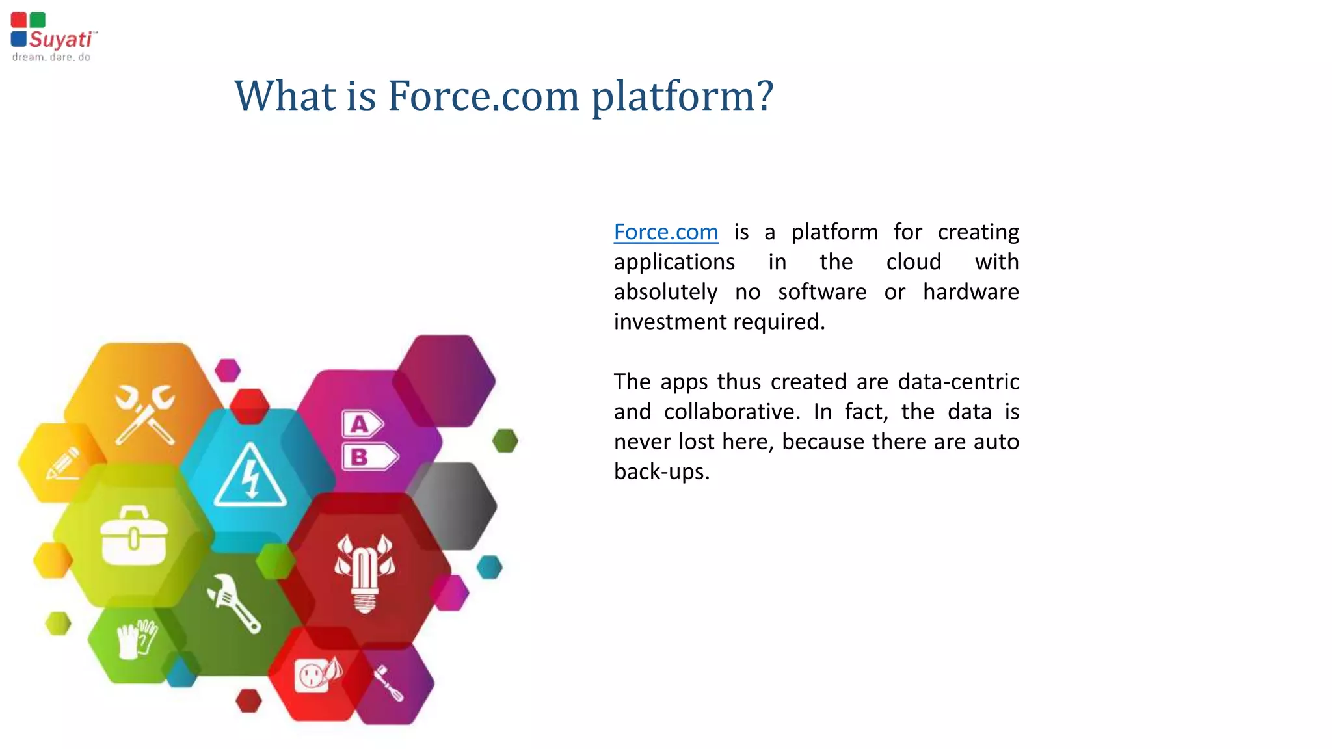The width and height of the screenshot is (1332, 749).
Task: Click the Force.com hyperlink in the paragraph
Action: coord(665,232)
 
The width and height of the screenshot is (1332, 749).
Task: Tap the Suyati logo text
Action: coord(61,40)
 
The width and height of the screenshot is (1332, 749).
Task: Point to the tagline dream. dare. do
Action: coord(51,57)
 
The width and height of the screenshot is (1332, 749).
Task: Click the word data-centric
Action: coord(958,382)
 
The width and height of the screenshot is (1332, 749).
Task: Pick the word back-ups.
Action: coord(661,471)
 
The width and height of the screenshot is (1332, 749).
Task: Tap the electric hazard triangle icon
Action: coord(250,477)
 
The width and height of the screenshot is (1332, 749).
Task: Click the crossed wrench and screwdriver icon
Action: coord(144,414)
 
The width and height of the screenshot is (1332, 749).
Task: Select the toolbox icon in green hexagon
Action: coord(134,536)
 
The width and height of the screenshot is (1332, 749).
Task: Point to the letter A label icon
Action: coord(362,425)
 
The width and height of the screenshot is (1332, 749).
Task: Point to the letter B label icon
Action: coord(368,456)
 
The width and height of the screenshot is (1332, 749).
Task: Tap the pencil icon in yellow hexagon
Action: coord(63,464)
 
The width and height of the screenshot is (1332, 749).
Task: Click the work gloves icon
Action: coord(137,639)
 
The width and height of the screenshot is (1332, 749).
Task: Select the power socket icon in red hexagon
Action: coord(316,674)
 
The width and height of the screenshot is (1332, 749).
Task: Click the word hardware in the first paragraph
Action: coord(970,292)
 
